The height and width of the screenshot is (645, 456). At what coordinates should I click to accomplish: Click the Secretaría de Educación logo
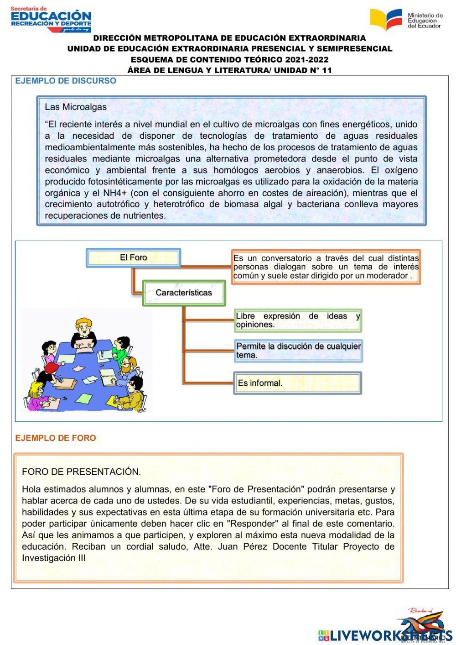coord(51,19)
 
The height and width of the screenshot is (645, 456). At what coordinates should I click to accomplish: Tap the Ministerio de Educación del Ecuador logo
coord(406,20)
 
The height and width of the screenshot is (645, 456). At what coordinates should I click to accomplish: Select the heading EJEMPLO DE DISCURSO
coord(66,81)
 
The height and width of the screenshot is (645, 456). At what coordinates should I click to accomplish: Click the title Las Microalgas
coord(76,107)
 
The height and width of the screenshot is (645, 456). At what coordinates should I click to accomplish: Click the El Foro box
coord(133,257)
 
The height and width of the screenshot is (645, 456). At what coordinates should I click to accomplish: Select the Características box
coord(184,293)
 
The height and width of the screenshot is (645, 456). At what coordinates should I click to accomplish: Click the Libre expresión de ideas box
coord(298,320)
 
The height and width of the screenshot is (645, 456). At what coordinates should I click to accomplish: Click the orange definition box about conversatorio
coord(326,267)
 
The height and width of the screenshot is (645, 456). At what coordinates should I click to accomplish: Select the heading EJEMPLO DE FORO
coord(56,438)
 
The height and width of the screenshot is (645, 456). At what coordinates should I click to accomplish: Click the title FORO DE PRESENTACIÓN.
coord(81,472)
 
